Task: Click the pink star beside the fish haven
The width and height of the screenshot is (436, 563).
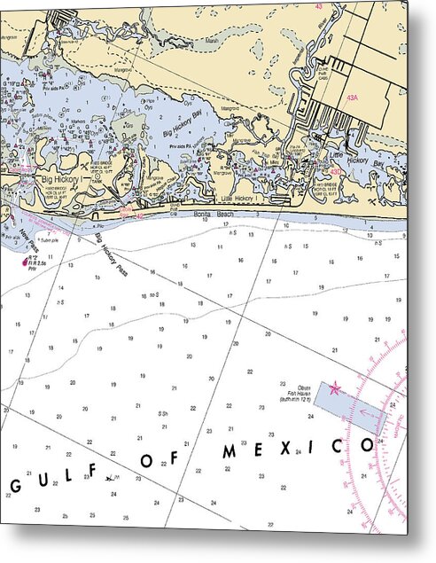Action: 335,387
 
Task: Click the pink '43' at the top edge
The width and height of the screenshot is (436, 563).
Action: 317,7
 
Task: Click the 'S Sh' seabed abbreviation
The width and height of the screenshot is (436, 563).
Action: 163,413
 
